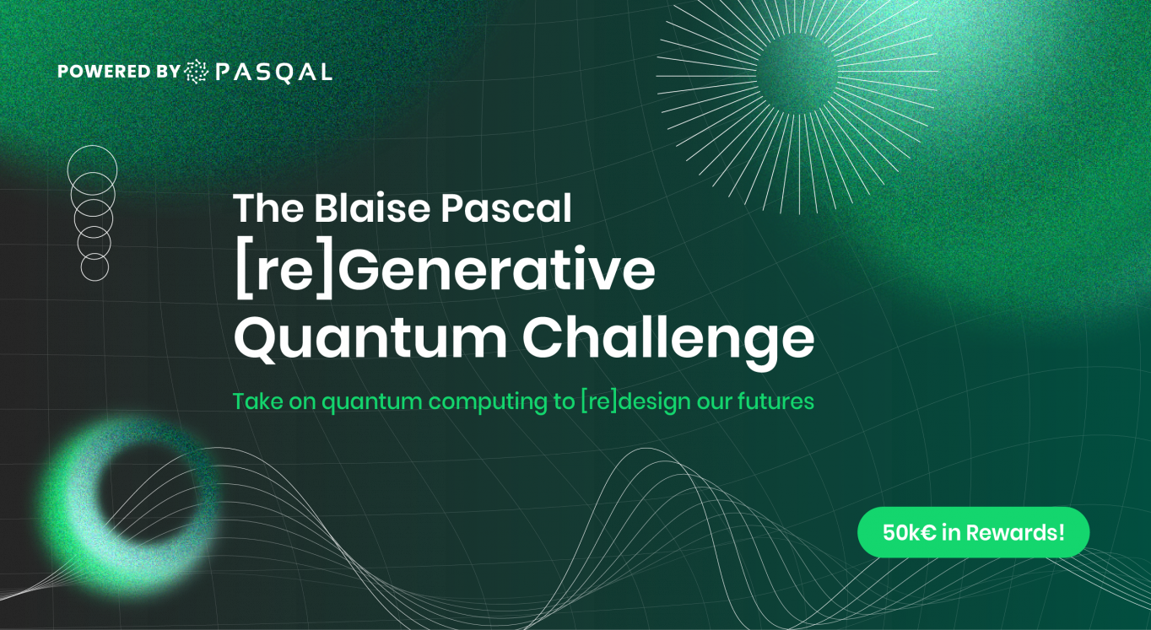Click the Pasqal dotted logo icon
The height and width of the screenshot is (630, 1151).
197,72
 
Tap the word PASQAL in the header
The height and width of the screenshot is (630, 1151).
274,73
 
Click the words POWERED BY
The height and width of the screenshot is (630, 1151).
119,72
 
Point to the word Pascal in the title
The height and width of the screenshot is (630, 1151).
506,208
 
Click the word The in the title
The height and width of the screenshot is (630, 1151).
268,208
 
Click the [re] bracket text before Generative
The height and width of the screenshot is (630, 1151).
284,271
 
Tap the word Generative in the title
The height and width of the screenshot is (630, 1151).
496,270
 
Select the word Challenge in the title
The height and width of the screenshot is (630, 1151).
668,339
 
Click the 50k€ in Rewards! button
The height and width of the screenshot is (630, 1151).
973,532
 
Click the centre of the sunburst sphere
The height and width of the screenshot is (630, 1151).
797,73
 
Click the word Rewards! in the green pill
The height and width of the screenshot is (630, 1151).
1015,532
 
